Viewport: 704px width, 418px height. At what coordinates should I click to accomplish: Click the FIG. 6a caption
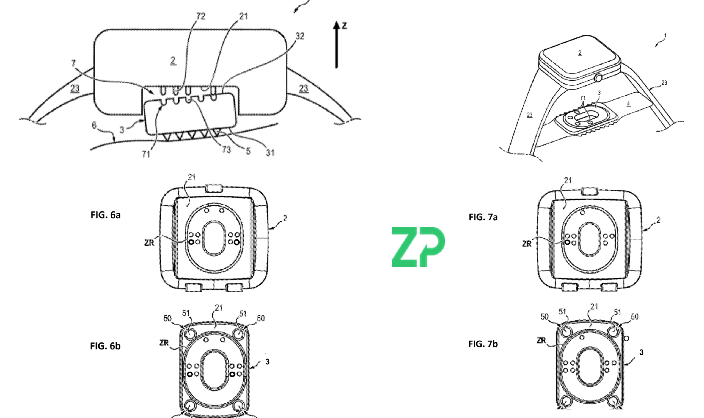[x=106, y=215]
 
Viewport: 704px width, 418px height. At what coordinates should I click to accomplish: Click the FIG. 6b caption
[x=106, y=346]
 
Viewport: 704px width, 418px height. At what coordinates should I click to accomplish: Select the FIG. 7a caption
[x=483, y=217]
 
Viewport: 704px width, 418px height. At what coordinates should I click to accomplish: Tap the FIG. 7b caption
[x=483, y=344]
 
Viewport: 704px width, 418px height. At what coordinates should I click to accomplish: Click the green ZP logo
[x=418, y=247]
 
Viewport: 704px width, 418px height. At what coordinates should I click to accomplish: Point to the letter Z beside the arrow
[x=344, y=26]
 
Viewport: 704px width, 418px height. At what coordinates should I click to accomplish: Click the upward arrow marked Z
[x=336, y=45]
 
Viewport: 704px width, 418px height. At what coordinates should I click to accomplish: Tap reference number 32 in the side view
[x=300, y=36]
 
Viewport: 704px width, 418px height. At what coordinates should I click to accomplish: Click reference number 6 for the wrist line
[x=94, y=125]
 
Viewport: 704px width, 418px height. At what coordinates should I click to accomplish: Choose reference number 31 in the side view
[x=270, y=153]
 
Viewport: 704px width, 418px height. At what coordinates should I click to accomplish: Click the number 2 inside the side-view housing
[x=173, y=60]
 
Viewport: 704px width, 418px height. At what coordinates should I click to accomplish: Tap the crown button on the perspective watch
[x=598, y=78]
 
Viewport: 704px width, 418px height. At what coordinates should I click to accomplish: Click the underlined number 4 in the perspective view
[x=628, y=104]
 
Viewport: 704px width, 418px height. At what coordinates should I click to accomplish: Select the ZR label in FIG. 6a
[x=149, y=243]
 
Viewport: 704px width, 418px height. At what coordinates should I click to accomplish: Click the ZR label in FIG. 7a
[x=527, y=244]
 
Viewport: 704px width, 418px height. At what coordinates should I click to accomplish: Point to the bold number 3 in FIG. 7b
[x=641, y=352]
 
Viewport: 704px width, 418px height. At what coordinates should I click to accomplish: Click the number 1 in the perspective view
[x=665, y=35]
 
